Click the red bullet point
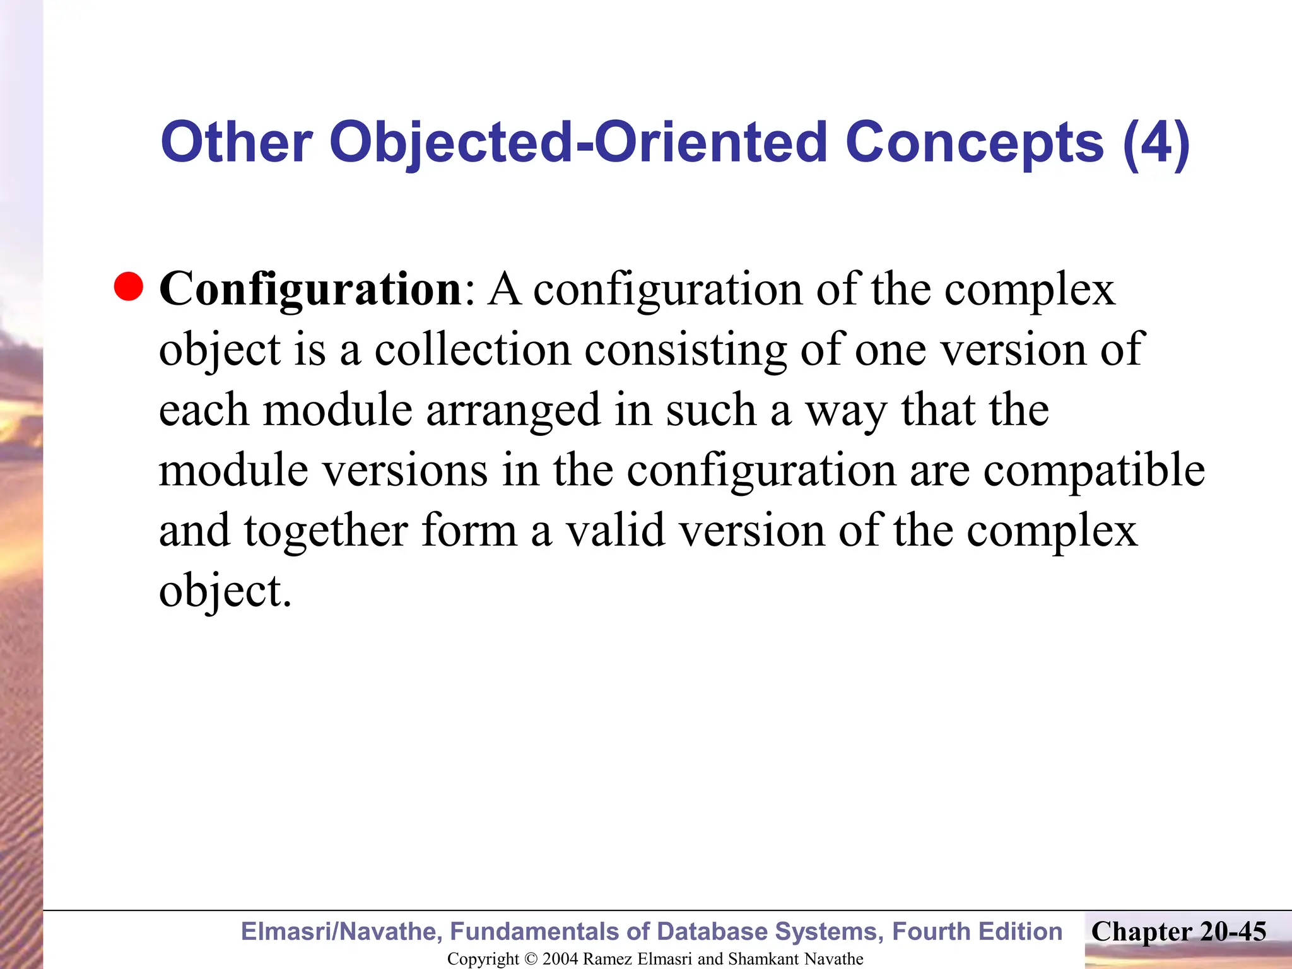[x=129, y=287]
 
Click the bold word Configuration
[x=311, y=290]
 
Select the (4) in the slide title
[x=1156, y=143]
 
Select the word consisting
[x=684, y=350]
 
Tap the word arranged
[x=513, y=411]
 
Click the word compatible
[x=1094, y=471]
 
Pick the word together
[x=326, y=531]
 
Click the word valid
[x=615, y=530]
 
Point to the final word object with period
[x=225, y=592]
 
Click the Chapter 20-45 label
[x=1178, y=932]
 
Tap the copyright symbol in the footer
[x=531, y=959]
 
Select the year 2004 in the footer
[x=560, y=959]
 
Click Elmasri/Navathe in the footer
[x=341, y=932]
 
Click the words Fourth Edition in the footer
[x=977, y=932]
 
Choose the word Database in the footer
[x=713, y=932]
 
